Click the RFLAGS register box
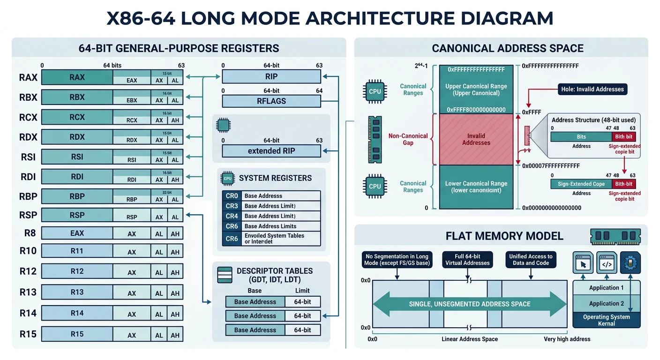[x=271, y=101]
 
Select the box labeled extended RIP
[x=271, y=151]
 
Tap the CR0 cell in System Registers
[x=232, y=196]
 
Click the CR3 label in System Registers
[x=232, y=206]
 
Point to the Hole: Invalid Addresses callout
[x=592, y=89]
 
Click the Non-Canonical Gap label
[x=408, y=139]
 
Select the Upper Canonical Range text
[x=476, y=90]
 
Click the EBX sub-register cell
[x=132, y=100]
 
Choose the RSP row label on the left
[x=28, y=216]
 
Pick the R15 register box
[x=77, y=334]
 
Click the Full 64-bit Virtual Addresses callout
[x=467, y=260]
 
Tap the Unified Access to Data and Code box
[x=531, y=260]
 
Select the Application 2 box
[x=606, y=303]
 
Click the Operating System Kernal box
[x=606, y=320]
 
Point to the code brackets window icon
[x=607, y=263]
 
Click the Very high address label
[x=567, y=339]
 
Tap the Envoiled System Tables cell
[x=274, y=239]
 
